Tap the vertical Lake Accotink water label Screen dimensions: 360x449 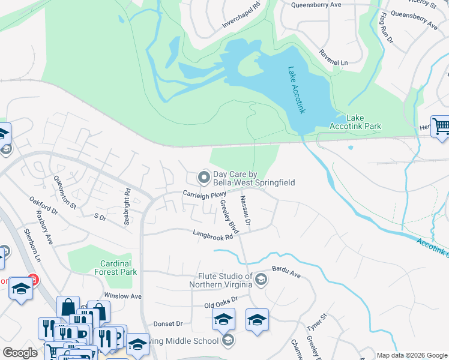pyautogui.click(x=297, y=90)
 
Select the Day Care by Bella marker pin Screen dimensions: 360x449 pyautogui.click(x=204, y=177)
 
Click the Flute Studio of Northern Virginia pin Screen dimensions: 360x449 pyautogui.click(x=261, y=279)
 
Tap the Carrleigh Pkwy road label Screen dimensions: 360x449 pyautogui.click(x=204, y=194)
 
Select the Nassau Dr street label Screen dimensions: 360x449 pyautogui.click(x=245, y=211)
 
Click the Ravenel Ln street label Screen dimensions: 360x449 pyautogui.click(x=334, y=62)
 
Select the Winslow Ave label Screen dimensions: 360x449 pyautogui.click(x=122, y=296)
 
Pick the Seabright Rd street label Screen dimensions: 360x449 pyautogui.click(x=127, y=208)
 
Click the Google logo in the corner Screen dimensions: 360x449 pyautogui.click(x=20, y=353)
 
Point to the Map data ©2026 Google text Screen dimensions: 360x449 pyautogui.click(x=411, y=355)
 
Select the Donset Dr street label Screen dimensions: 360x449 pyautogui.click(x=167, y=323)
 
